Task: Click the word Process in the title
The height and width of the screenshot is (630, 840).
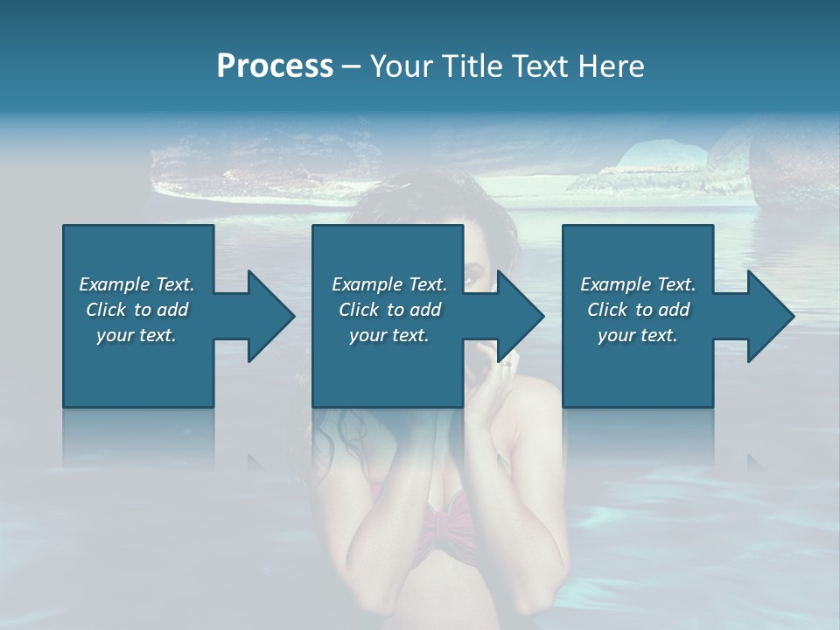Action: click(x=275, y=66)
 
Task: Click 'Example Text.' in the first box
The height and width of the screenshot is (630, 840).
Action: click(x=136, y=284)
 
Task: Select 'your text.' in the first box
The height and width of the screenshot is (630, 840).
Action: click(x=136, y=335)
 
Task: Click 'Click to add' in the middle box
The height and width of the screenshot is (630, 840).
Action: click(x=389, y=310)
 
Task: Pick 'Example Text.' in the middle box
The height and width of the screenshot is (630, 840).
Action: click(x=389, y=284)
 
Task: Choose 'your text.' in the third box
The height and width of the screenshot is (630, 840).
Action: click(x=638, y=335)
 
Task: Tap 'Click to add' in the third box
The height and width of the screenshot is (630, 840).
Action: click(x=638, y=310)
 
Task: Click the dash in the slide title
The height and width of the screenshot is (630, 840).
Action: click(x=351, y=66)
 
